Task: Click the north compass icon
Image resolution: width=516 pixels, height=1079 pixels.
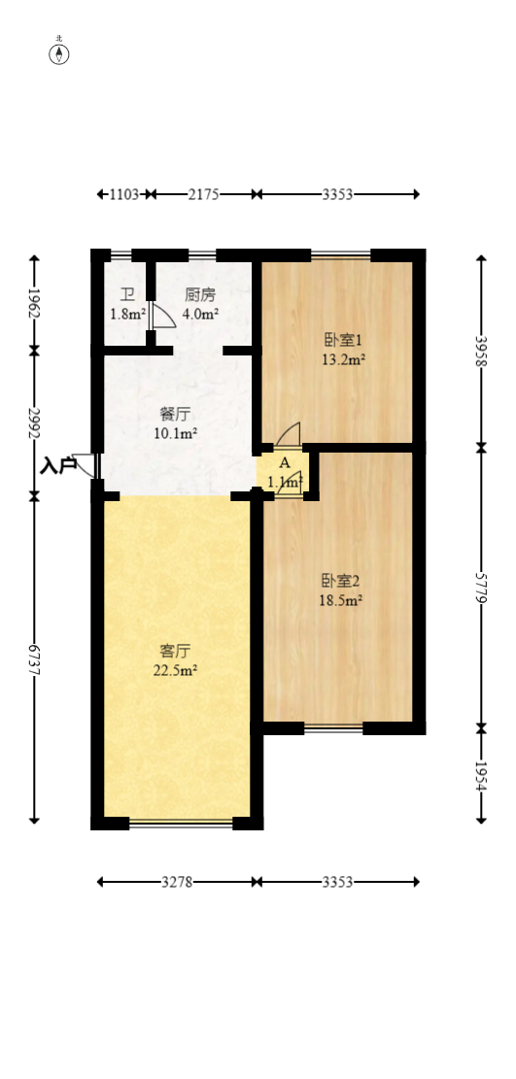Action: click(59, 52)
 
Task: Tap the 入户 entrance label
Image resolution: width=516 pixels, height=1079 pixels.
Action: click(58, 466)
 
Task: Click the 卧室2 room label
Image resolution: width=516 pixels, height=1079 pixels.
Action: click(341, 581)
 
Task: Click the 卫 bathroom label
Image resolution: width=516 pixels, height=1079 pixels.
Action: click(127, 295)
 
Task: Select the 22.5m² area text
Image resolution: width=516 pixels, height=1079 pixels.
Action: click(176, 670)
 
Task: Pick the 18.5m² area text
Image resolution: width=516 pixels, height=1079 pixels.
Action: click(341, 600)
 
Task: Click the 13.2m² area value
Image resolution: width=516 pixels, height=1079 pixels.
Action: click(343, 360)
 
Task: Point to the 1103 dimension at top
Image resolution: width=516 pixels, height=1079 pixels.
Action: click(123, 194)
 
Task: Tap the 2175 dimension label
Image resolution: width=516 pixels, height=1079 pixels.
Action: click(203, 194)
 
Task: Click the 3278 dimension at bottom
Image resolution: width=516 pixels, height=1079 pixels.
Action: click(176, 882)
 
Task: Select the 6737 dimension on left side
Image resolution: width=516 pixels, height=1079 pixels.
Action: click(35, 660)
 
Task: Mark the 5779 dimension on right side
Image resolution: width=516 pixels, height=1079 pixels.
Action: click(480, 588)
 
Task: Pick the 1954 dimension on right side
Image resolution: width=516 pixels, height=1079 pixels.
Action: click(480, 774)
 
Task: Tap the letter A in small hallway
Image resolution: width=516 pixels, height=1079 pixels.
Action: click(284, 462)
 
